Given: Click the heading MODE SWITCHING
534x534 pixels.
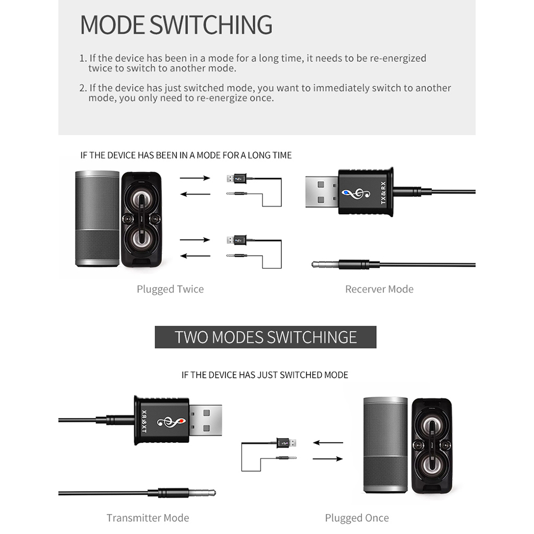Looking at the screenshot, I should (176, 25).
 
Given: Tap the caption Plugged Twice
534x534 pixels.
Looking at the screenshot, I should (170, 289).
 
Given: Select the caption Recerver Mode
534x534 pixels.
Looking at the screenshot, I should (379, 289).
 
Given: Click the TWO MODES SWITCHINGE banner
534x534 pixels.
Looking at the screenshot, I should (265, 337).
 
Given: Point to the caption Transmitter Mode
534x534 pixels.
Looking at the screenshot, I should (148, 518).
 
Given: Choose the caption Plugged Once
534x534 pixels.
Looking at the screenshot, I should (357, 518).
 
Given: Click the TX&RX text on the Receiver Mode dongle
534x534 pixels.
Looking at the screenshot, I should (383, 192).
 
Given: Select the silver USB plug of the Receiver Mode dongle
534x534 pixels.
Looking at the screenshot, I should (321, 192).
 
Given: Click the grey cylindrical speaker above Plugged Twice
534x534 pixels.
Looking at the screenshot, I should (97, 219).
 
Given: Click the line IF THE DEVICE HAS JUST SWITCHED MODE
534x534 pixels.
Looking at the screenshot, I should (265, 375).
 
